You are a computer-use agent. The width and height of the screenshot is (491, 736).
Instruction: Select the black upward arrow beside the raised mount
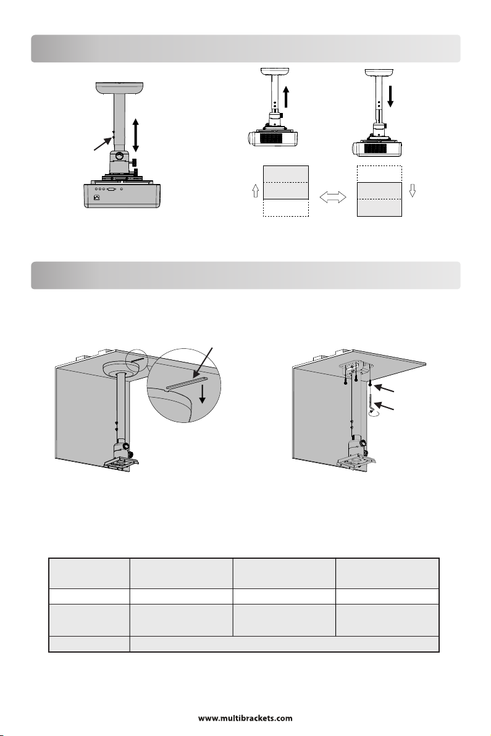286,99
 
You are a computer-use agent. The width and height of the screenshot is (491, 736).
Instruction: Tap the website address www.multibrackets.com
245,718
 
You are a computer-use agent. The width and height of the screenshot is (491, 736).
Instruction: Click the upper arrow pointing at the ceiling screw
387,390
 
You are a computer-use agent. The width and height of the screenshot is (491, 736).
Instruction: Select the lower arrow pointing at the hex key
387,408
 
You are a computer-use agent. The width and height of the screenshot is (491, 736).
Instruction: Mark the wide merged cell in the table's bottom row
284,643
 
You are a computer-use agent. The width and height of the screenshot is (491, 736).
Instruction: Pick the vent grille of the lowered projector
377,149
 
